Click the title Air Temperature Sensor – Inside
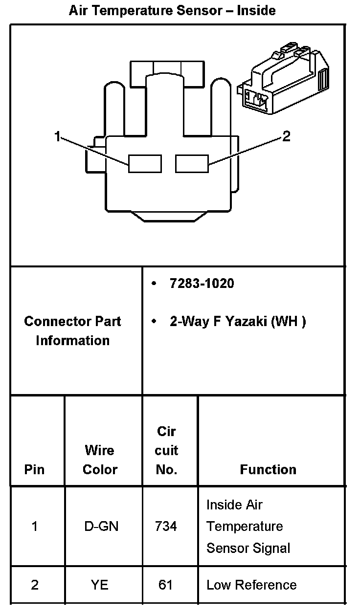172,10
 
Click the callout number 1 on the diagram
58,136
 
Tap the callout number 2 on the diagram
287,136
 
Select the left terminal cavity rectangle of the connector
145,163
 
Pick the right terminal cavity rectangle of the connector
192,163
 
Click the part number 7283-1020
202,283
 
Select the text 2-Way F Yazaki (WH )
238,321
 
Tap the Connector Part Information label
72,330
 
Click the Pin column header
34,469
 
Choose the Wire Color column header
100,460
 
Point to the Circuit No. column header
166,450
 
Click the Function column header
268,469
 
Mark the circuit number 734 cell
166,527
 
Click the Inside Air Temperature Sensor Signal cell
248,526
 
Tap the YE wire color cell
100,585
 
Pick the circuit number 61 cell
166,585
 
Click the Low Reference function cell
251,585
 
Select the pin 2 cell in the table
34,585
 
